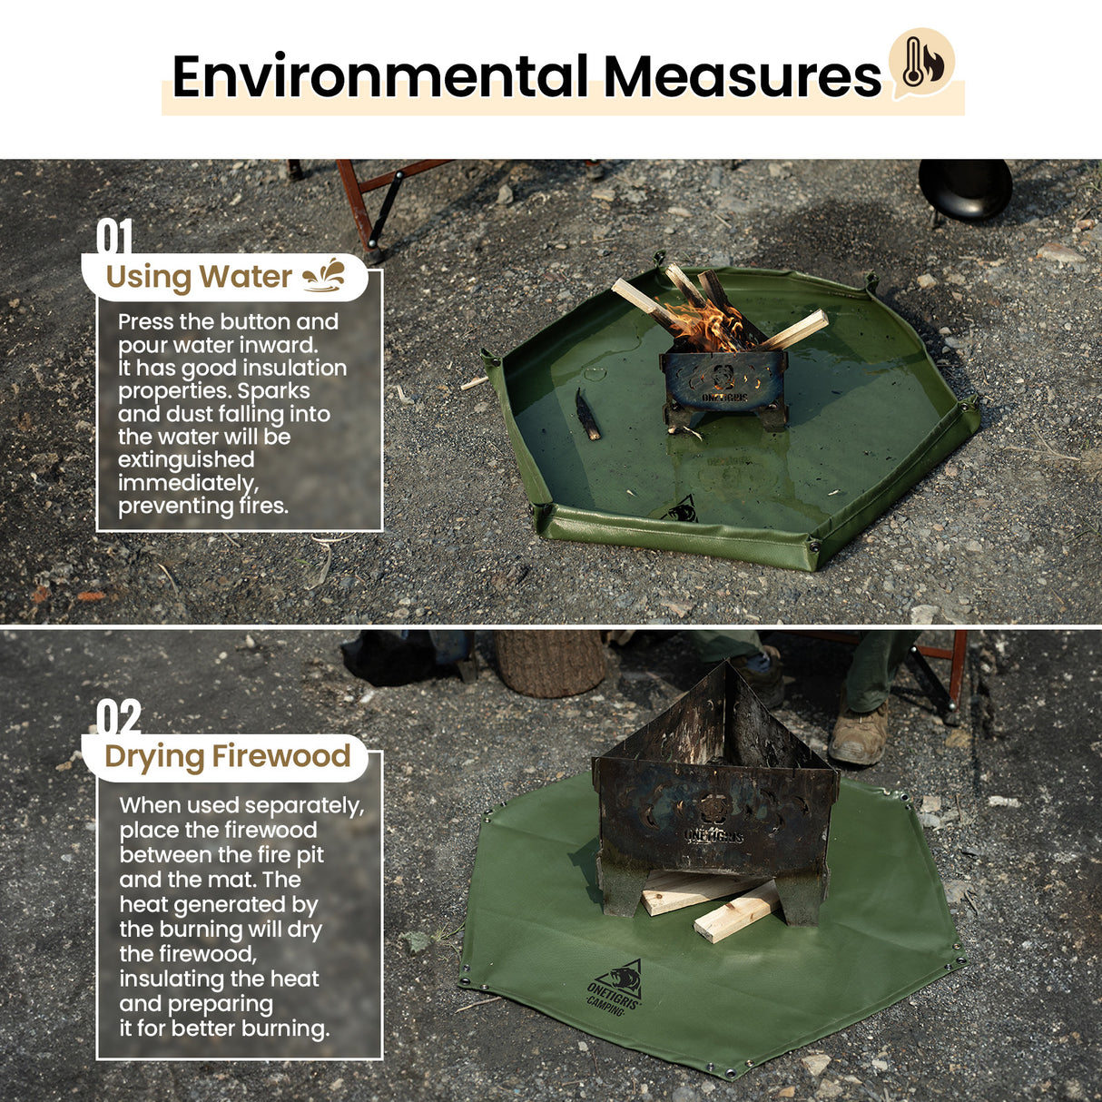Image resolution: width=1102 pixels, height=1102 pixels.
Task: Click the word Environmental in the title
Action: [379, 76]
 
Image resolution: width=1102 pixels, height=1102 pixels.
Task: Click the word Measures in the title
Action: [742, 76]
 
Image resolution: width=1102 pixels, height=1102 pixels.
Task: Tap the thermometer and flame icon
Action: [921, 62]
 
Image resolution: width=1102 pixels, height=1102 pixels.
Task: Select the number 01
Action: [114, 237]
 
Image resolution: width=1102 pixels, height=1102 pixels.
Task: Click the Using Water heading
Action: [199, 277]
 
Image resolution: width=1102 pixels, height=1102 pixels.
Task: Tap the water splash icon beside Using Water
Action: [323, 275]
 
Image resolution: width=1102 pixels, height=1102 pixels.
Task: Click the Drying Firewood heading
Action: [227, 756]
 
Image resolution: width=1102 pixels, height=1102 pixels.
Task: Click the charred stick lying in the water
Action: [587, 415]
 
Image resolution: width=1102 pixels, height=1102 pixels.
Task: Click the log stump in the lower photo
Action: [550, 663]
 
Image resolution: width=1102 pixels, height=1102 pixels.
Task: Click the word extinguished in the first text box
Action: [185, 459]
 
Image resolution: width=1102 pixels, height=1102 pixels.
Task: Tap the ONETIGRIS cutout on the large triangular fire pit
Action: [713, 834]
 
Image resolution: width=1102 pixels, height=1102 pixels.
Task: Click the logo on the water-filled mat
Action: [683, 509]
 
